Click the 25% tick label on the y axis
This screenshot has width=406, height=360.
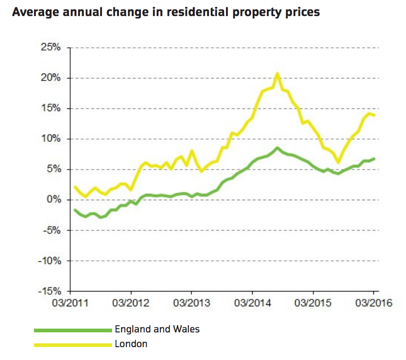tap(51, 48)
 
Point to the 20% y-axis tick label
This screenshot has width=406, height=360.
tap(51, 78)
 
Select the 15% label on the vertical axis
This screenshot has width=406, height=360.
tap(51, 108)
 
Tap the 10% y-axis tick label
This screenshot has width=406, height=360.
tap(51, 139)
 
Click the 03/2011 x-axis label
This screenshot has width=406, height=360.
tap(71, 304)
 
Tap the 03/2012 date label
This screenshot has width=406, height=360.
tap(131, 304)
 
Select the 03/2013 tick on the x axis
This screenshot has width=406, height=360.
tap(192, 304)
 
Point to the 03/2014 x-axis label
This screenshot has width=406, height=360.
tap(253, 304)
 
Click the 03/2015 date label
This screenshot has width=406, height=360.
tap(313, 304)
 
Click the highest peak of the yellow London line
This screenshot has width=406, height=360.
tap(277, 73)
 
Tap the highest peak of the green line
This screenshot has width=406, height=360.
tap(277, 148)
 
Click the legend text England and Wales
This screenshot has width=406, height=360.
tap(157, 329)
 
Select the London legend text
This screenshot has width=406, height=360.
tap(131, 343)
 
